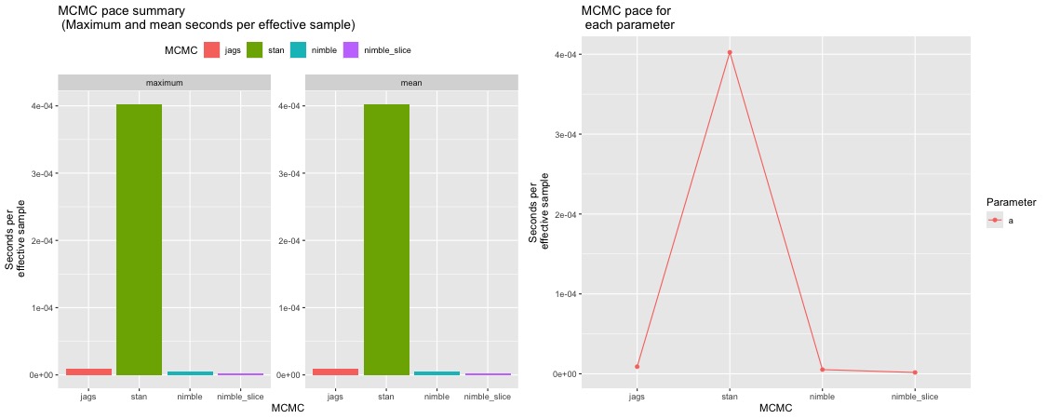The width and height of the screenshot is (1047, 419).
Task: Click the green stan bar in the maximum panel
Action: (x=139, y=239)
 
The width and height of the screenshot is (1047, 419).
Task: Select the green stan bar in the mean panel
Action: (x=386, y=239)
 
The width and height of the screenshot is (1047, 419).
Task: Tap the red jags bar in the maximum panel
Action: (x=88, y=372)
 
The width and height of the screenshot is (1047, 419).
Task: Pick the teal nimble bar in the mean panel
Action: (x=436, y=372)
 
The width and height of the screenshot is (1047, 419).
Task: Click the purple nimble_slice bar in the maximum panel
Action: (x=241, y=373)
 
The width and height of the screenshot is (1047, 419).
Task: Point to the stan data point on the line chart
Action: (x=730, y=52)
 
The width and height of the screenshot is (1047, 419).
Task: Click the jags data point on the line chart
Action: (x=637, y=366)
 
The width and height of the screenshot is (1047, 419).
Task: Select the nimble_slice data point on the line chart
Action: (x=915, y=372)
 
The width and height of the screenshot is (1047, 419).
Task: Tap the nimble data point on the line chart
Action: (x=823, y=370)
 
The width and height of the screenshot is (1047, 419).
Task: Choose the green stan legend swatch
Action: (x=256, y=49)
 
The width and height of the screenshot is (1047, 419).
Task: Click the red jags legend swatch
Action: (x=211, y=49)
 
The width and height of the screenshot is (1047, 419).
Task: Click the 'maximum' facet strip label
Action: (x=164, y=83)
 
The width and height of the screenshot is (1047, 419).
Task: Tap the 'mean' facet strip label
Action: (x=411, y=83)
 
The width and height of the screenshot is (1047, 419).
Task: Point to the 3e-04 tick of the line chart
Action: (x=564, y=134)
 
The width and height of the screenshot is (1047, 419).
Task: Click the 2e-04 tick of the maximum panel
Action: (x=38, y=240)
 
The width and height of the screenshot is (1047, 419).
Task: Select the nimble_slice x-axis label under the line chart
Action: (x=915, y=396)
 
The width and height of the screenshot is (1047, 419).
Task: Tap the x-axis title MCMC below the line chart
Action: (x=775, y=409)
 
